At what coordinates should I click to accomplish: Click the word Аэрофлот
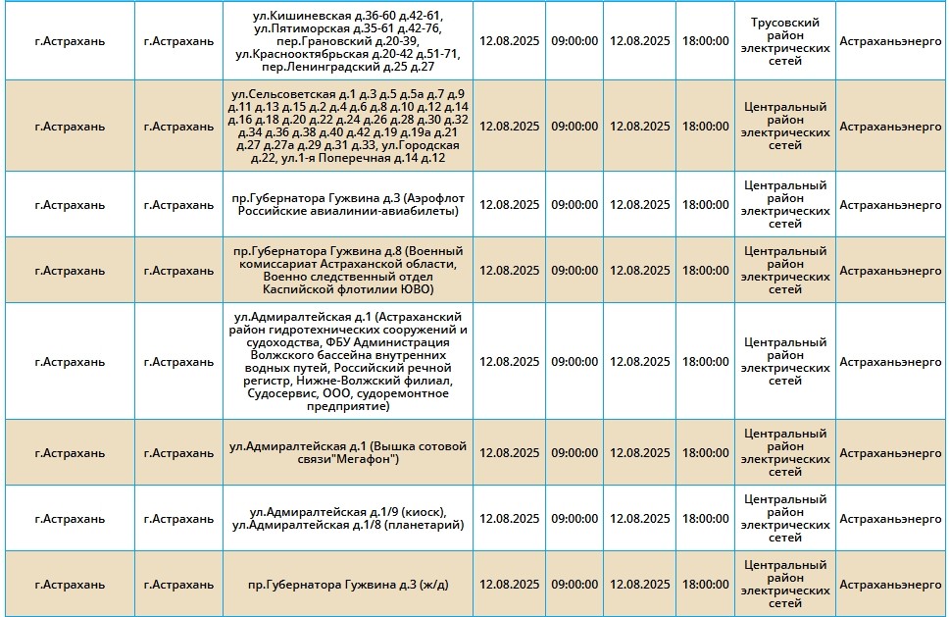433,198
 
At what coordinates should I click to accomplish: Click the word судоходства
273,342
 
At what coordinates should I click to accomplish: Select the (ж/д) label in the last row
432,585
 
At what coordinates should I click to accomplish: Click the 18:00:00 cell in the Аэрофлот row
705,205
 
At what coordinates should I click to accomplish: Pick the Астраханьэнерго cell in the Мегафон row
890,452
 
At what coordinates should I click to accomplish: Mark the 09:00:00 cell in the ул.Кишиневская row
574,41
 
